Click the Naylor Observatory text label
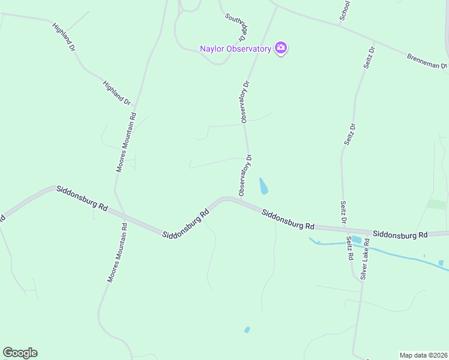(x=235, y=49)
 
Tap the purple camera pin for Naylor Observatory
(x=280, y=48)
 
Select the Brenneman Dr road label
(x=427, y=61)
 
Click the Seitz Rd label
(x=349, y=248)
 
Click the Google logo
(x=20, y=353)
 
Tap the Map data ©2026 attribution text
(x=423, y=355)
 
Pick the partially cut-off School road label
(x=345, y=11)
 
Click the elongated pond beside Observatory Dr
(x=263, y=186)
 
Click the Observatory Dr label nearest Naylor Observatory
(x=245, y=102)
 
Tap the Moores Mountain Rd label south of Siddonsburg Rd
(x=117, y=253)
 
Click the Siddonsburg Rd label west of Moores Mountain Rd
(x=82, y=197)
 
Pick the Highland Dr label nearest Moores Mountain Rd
(x=117, y=93)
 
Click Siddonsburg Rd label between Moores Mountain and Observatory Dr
(x=185, y=223)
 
